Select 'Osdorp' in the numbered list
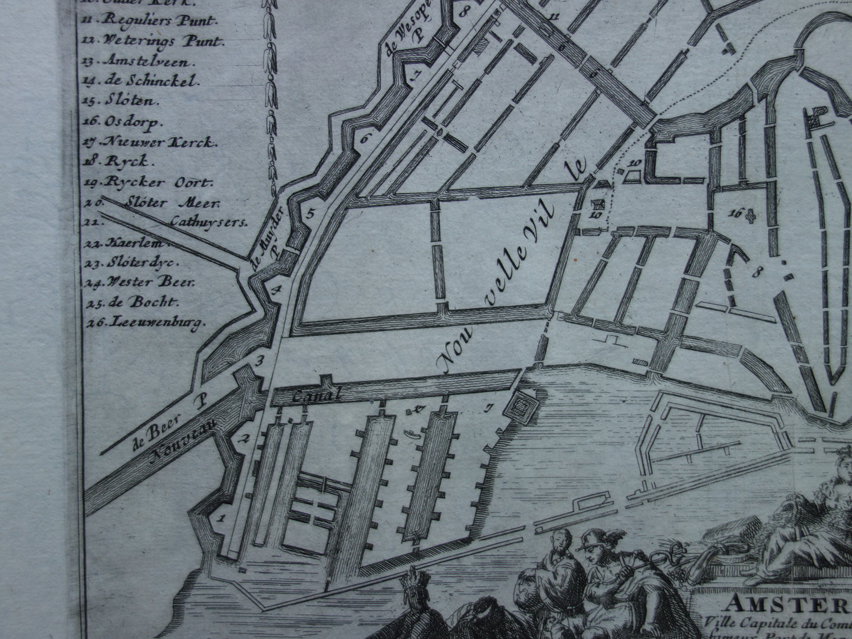tap(127, 121)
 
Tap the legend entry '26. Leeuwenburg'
tap(147, 322)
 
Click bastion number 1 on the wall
tap(222, 519)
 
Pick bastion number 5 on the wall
tap(311, 213)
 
